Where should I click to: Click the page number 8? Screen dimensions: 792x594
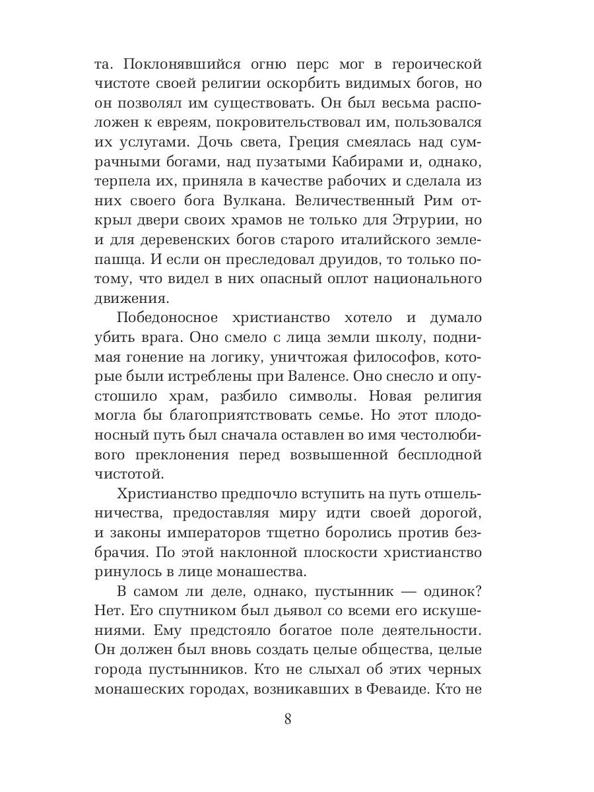288,719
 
